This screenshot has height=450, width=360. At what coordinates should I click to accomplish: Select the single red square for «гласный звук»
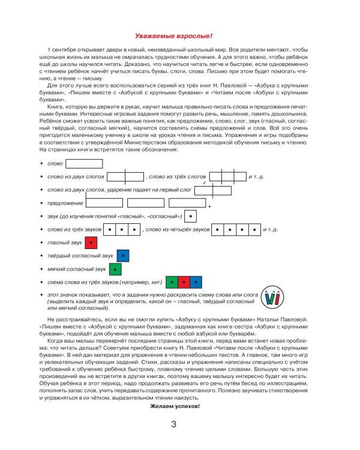[x=91, y=242]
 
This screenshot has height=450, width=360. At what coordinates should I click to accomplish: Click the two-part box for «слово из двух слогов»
[x=126, y=176]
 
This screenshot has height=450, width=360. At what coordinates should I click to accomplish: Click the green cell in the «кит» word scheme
[x=172, y=282]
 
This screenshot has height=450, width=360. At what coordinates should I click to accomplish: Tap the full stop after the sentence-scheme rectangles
[x=210, y=207]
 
